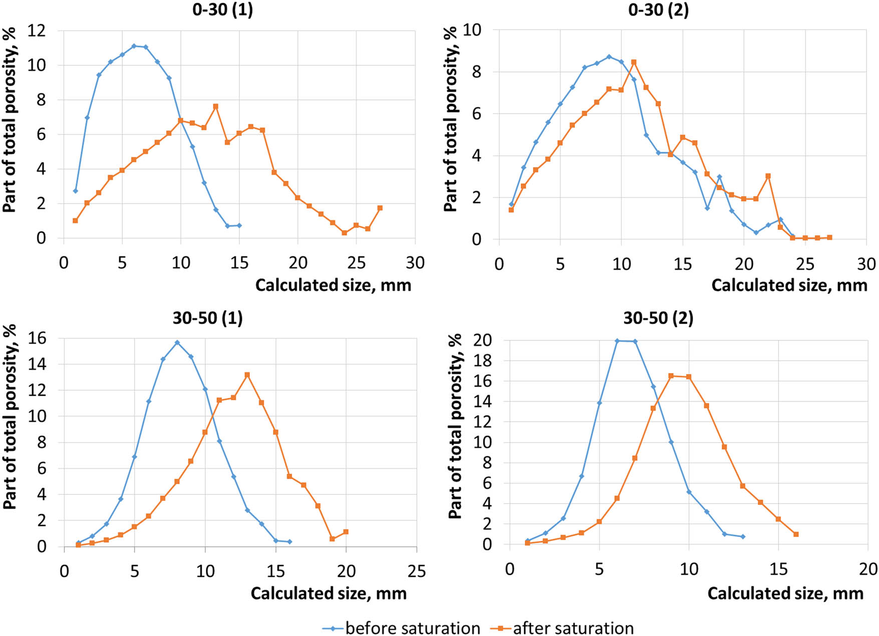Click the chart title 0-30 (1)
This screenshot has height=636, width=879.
click(x=222, y=10)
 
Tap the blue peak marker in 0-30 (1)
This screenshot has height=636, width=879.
click(x=134, y=46)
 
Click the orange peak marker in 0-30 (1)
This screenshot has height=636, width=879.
click(x=216, y=106)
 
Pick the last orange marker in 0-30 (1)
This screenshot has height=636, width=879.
click(x=380, y=208)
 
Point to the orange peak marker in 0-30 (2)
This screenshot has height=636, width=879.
click(x=634, y=62)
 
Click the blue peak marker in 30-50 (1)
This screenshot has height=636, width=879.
click(x=177, y=343)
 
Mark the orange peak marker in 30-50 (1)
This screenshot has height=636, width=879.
click(x=247, y=375)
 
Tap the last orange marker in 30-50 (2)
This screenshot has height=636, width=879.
click(x=796, y=534)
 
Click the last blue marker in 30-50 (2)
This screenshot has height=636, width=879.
click(x=743, y=536)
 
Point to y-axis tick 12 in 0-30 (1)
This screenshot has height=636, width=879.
click(x=36, y=31)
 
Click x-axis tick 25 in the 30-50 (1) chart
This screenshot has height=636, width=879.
click(x=416, y=571)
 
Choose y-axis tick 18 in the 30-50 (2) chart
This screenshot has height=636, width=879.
click(x=483, y=361)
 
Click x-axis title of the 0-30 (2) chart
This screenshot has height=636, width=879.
click(x=789, y=285)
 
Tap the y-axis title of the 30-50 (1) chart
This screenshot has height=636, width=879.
click(x=10, y=417)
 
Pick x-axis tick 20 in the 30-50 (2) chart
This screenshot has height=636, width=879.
click(x=867, y=569)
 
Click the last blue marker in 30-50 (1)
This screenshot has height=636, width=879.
click(x=289, y=541)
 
